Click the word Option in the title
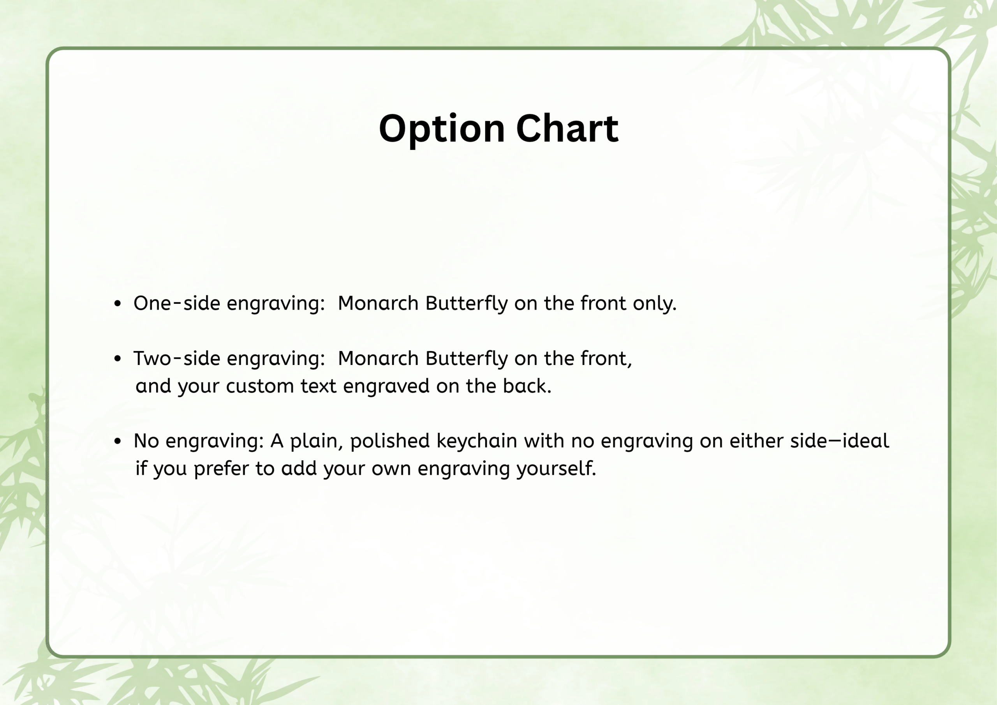(x=442, y=129)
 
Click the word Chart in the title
(x=567, y=128)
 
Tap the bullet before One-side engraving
(x=117, y=304)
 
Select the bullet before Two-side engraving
(x=117, y=359)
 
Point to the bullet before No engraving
(x=117, y=441)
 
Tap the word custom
(x=260, y=386)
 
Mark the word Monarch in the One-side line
(x=378, y=303)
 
